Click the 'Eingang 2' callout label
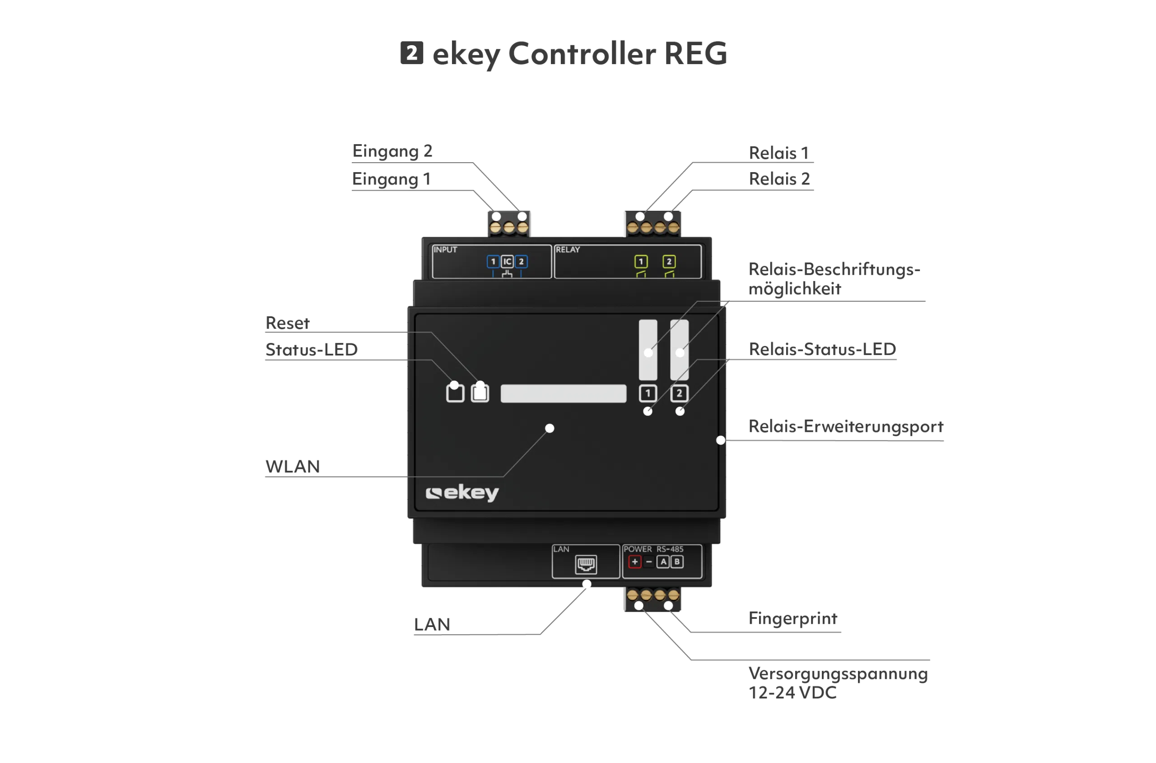(392, 151)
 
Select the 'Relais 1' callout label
(778, 153)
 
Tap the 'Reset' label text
(287, 323)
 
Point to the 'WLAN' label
(293, 466)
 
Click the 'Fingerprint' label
(792, 618)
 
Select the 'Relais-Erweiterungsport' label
(846, 426)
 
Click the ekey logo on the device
(462, 493)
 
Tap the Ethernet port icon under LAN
(586, 565)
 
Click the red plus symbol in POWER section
(634, 562)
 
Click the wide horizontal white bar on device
(563, 393)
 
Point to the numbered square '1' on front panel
(648, 393)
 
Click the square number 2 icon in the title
(412, 52)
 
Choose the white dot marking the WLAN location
(550, 428)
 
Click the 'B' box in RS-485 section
(676, 562)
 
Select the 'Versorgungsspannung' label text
(838, 674)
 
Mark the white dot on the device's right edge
(721, 440)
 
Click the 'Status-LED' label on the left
(311, 349)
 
